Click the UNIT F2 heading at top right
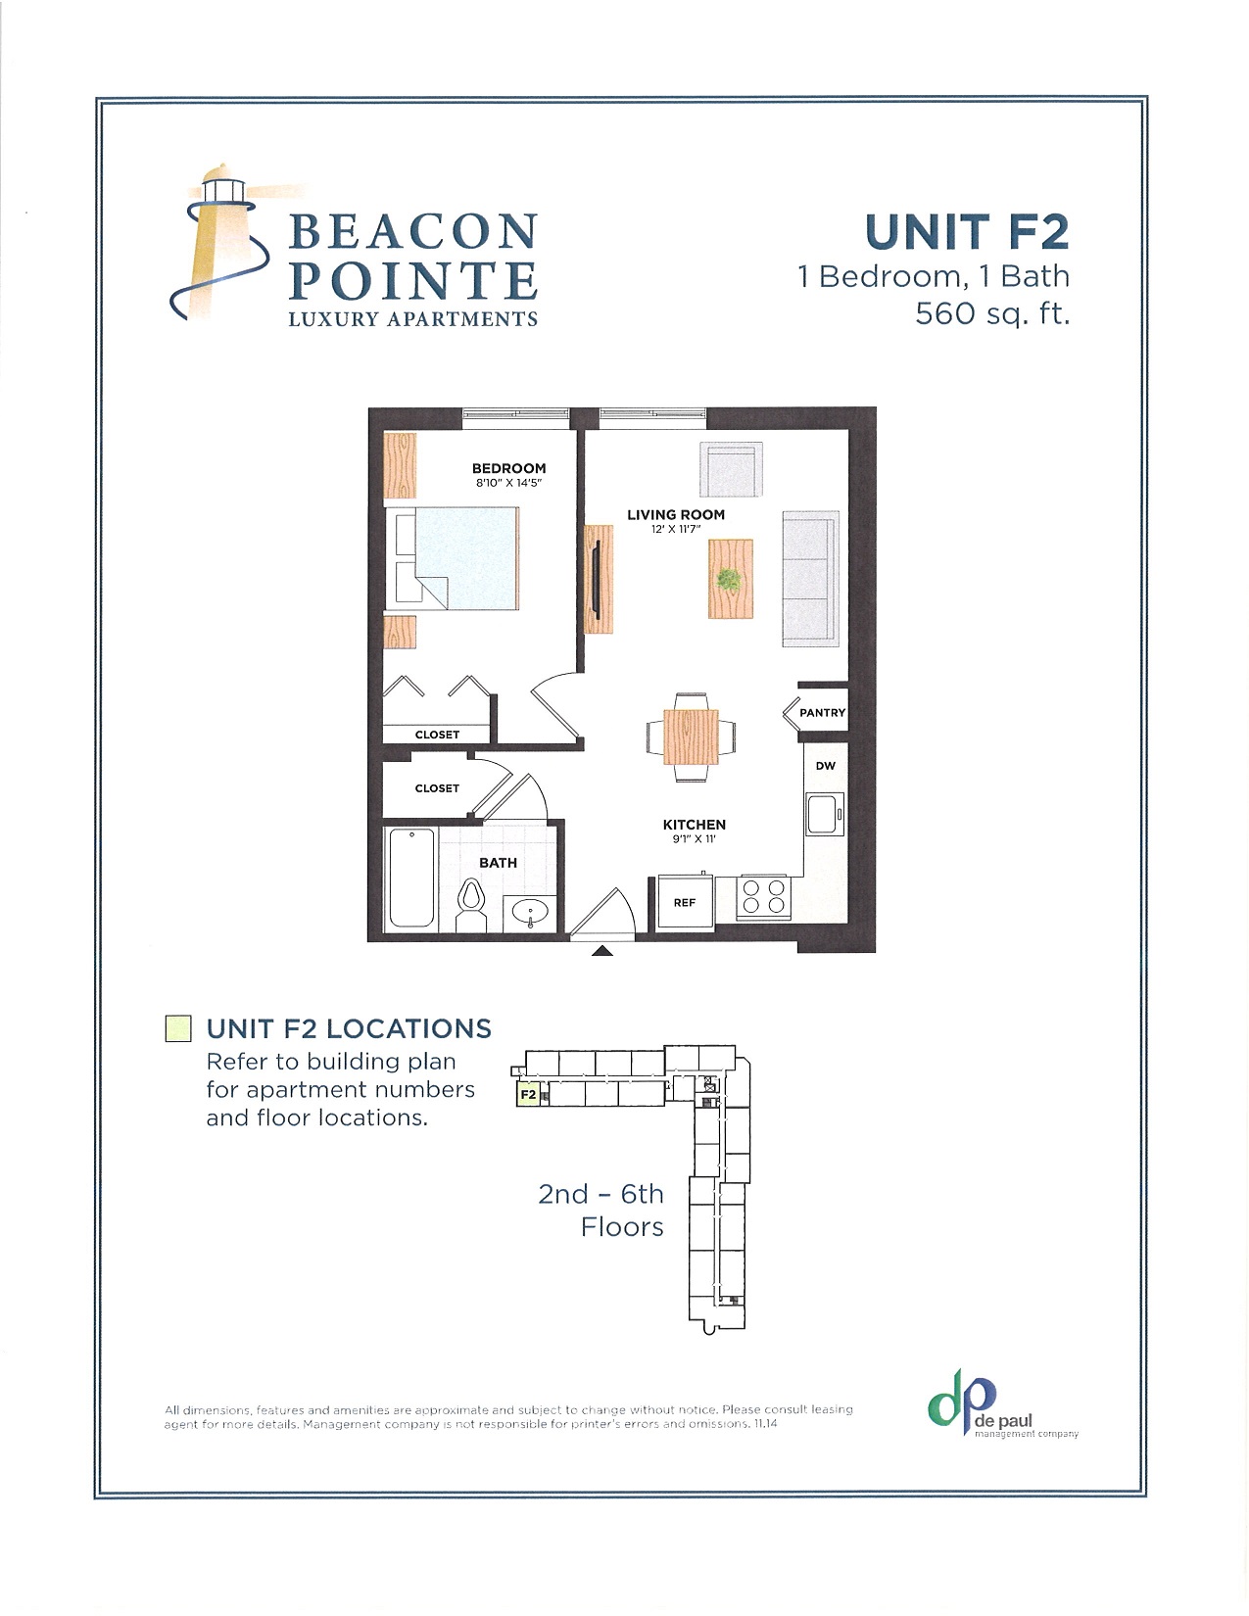[966, 232]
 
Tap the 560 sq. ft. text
[991, 313]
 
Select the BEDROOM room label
[508, 468]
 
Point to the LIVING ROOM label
[676, 514]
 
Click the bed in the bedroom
[456, 557]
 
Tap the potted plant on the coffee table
[728, 579]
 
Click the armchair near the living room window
[731, 469]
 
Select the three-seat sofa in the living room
[810, 579]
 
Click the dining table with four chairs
[691, 737]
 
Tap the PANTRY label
[822, 713]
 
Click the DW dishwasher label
[826, 766]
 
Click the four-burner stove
[764, 896]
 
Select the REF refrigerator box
[684, 902]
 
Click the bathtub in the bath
[411, 878]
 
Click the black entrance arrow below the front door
[602, 950]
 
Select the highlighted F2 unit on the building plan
[528, 1095]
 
